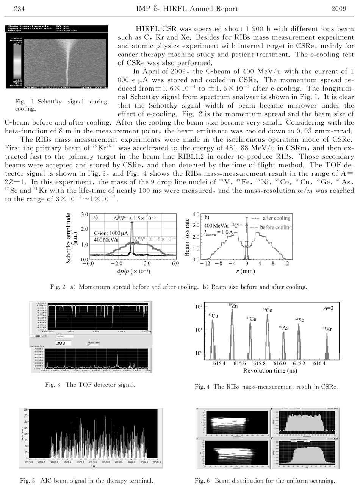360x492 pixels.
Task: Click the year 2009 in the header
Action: [x=338, y=9]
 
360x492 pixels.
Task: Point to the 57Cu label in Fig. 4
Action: [x=213, y=316]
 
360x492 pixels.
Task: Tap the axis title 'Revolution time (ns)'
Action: [x=269, y=370]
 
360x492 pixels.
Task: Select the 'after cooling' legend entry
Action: [x=276, y=218]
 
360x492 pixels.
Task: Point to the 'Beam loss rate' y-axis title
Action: [x=187, y=237]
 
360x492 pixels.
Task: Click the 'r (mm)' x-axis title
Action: [x=247, y=271]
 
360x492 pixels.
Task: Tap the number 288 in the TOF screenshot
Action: [x=61, y=343]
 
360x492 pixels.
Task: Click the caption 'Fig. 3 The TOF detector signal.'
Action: [x=90, y=385]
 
